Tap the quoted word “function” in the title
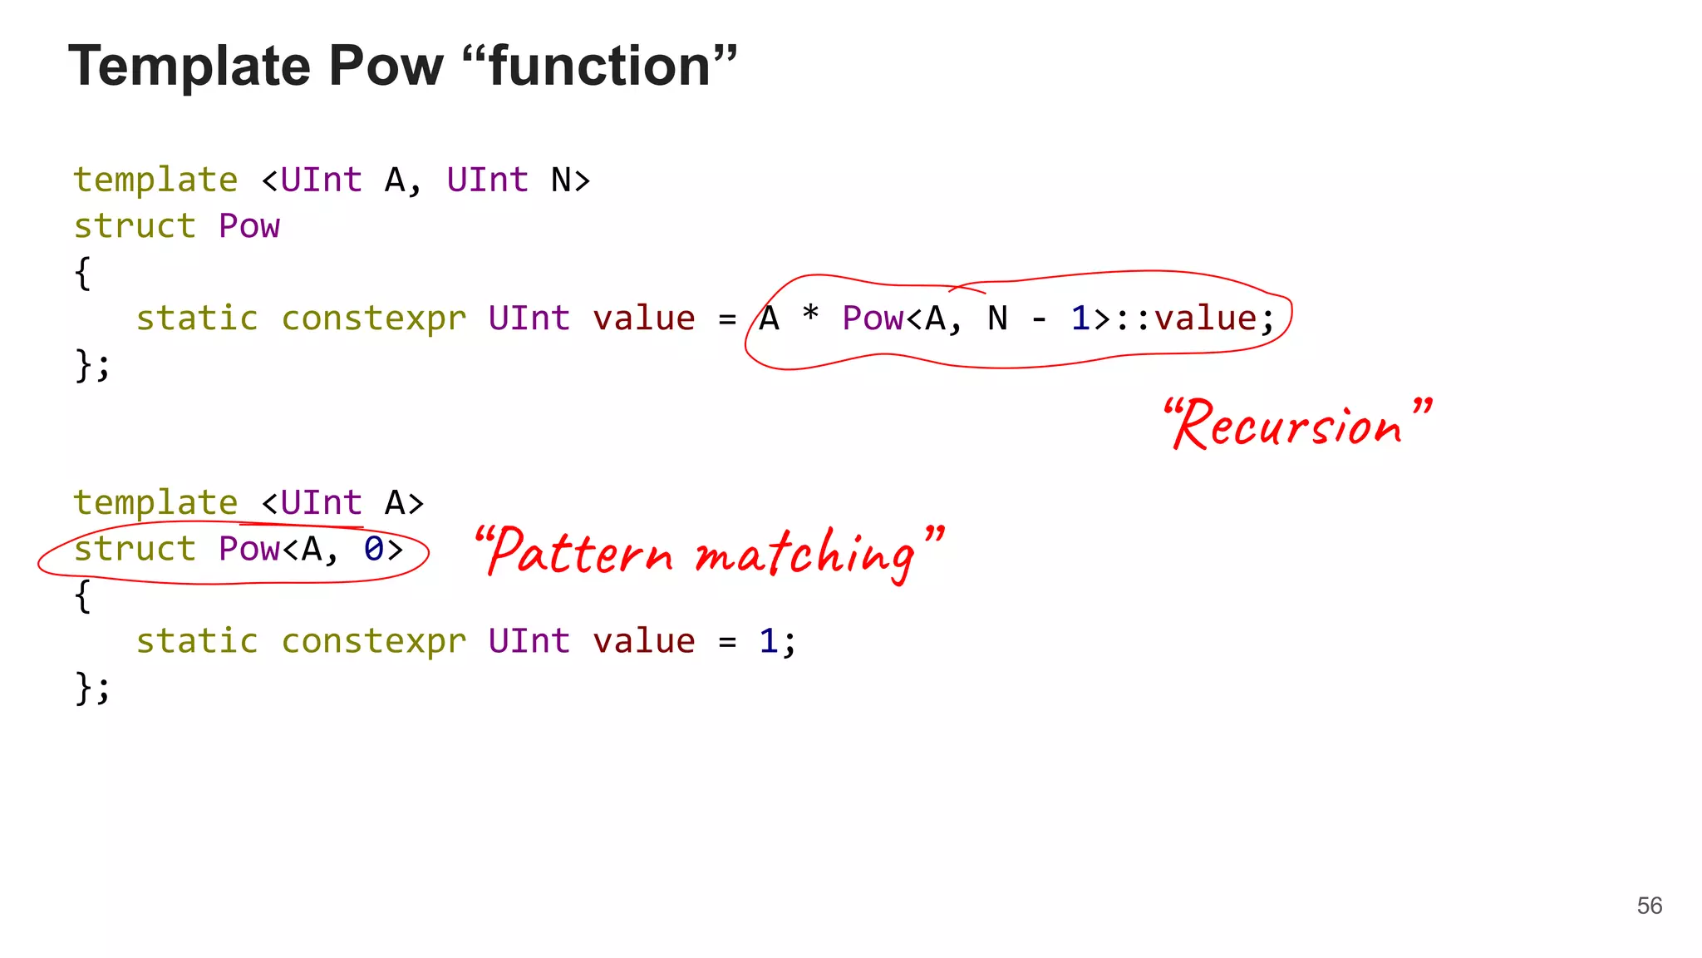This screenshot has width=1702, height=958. (598, 67)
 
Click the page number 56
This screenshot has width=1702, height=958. (1649, 906)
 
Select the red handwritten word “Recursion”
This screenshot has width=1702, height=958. (1296, 424)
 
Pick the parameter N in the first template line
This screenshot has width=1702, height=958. (561, 180)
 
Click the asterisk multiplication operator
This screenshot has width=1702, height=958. (810, 316)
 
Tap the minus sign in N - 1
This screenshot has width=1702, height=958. (1039, 319)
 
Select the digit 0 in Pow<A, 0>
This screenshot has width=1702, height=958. (374, 550)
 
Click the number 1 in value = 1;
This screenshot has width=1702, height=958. (769, 641)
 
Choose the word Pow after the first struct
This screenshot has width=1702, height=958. (249, 226)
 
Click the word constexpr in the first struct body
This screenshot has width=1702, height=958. (374, 319)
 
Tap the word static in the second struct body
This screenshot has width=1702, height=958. (197, 641)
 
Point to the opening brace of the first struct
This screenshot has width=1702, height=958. (82, 273)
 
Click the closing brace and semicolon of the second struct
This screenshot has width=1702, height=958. (91, 688)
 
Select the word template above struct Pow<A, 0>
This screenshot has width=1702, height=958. (155, 503)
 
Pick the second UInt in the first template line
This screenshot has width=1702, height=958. (487, 180)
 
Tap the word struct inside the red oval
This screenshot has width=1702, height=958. (135, 550)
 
